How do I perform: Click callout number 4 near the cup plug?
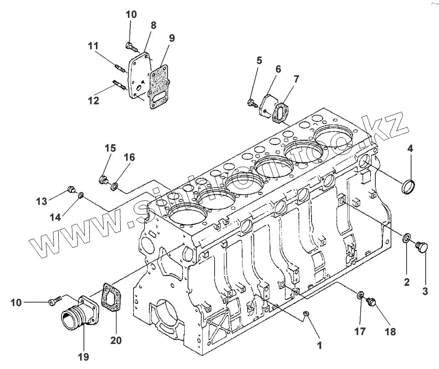(410, 148)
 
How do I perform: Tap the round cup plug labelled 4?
(408, 187)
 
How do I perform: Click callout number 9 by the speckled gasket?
(171, 38)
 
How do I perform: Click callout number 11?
(93, 46)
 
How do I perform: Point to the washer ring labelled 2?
(406, 238)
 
